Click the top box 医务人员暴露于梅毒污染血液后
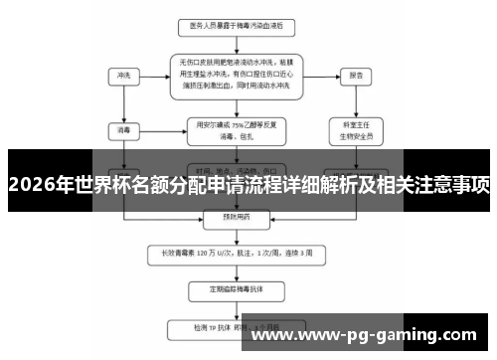[230, 25]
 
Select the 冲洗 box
[123, 75]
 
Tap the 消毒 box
[123, 128]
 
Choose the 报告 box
[355, 75]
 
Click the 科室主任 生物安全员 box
[355, 128]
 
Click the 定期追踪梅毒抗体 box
[230, 289]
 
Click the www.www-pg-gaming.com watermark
[379, 337]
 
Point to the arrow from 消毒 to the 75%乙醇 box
[159, 128]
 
